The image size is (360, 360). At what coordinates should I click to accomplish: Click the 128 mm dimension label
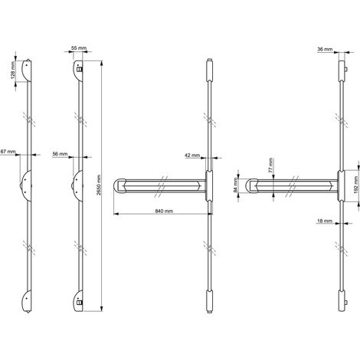point(13,70)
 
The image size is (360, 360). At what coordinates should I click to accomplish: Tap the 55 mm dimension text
point(79,47)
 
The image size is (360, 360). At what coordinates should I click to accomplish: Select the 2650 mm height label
point(99,185)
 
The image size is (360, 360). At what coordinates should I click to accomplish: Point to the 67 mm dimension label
point(8,152)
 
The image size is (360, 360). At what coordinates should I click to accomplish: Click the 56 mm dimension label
point(60,154)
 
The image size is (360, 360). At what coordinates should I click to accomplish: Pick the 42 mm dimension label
point(192,155)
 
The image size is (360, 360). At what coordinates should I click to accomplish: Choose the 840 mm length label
point(164,211)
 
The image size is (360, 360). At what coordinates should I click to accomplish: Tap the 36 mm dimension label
point(325,49)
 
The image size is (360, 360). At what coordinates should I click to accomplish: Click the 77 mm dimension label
point(270,165)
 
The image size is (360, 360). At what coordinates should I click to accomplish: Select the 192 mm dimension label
point(357,186)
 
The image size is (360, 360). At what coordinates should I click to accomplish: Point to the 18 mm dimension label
point(325,221)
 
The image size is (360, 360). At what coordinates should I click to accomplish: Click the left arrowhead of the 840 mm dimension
point(116,214)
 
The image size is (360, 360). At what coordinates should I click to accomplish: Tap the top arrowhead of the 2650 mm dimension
point(102,64)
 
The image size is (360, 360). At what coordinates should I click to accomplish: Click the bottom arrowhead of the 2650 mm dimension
point(102,309)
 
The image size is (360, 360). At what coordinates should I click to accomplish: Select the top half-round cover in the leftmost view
point(27,70)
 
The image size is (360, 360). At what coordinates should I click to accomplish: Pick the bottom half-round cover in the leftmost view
point(27,301)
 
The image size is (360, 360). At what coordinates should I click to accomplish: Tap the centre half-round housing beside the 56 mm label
point(77,186)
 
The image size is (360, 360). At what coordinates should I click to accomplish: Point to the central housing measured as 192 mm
point(341,186)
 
